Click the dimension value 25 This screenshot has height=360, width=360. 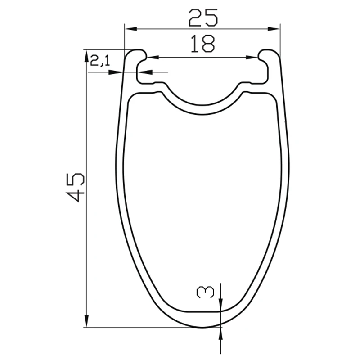point(203,18)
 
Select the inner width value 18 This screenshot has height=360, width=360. point(203,44)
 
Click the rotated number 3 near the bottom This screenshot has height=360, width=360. point(205,293)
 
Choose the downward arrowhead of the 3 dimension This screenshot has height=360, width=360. point(221,306)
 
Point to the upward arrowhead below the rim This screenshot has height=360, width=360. point(221,333)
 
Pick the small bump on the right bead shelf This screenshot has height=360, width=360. point(246,83)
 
